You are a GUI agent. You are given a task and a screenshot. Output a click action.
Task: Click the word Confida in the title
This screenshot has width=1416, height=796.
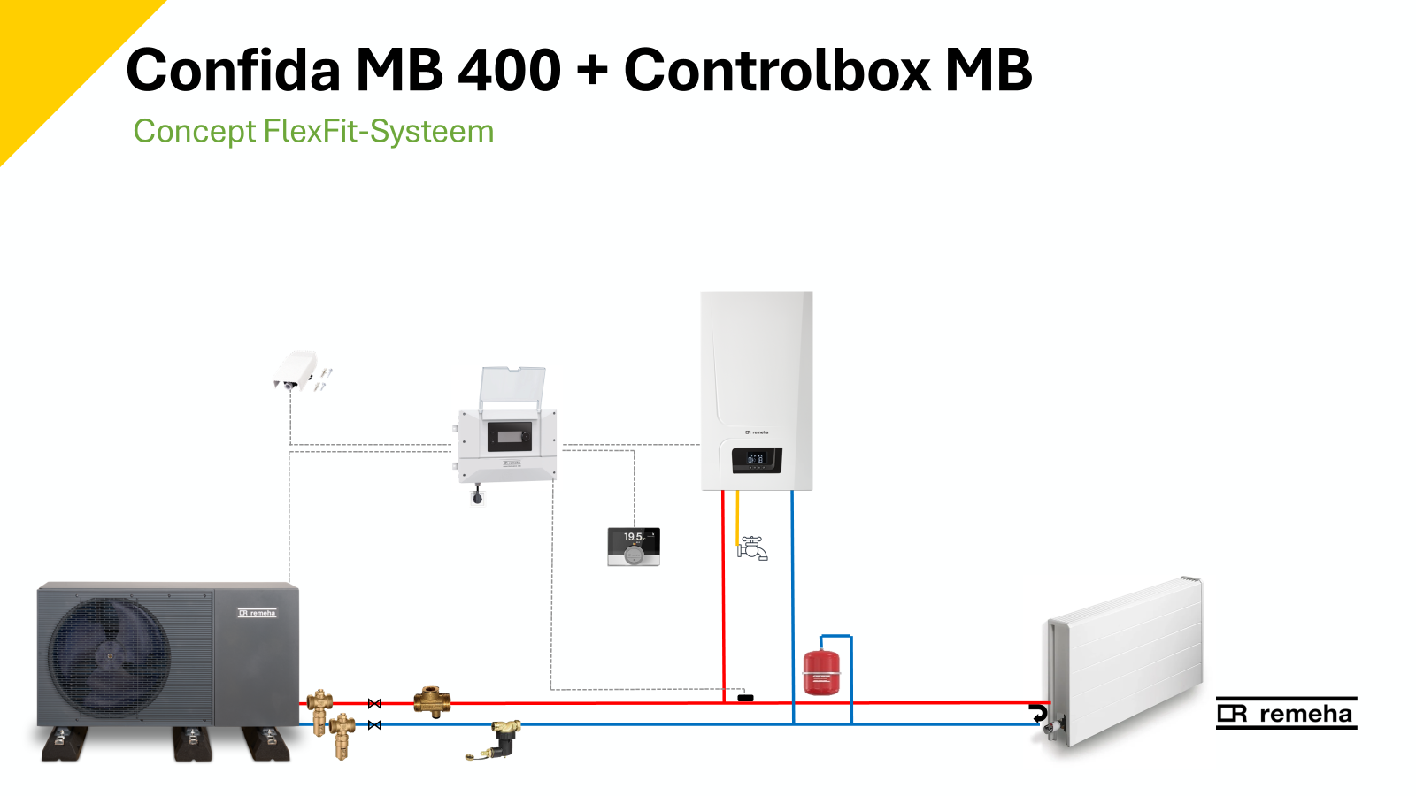pyautogui.click(x=233, y=70)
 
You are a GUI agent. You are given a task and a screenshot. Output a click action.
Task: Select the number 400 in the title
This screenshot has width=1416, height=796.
pyautogui.click(x=509, y=70)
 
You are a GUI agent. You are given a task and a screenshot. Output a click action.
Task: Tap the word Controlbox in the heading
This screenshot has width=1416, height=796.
pyautogui.click(x=775, y=70)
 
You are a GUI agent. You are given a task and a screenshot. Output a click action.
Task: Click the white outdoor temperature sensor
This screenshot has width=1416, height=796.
pyautogui.click(x=296, y=370)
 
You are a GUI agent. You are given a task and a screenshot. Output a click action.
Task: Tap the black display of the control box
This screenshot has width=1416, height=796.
pyautogui.click(x=510, y=435)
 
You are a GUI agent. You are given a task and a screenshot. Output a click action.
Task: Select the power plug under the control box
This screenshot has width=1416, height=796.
pyautogui.click(x=478, y=497)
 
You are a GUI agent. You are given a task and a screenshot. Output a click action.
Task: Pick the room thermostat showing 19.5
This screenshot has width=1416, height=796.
pyautogui.click(x=634, y=547)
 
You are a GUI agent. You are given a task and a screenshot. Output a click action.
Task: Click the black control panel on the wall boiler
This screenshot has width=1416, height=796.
pyautogui.click(x=756, y=460)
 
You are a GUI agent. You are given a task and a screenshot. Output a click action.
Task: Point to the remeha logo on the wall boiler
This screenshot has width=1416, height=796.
pyautogui.click(x=757, y=432)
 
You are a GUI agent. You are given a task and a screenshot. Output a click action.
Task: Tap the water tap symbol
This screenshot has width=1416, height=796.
pyautogui.click(x=752, y=548)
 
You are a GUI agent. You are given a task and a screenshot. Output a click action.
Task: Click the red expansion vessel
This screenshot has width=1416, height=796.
pyautogui.click(x=820, y=672)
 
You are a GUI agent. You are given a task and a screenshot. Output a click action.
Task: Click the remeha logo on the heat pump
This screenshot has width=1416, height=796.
pyautogui.click(x=258, y=613)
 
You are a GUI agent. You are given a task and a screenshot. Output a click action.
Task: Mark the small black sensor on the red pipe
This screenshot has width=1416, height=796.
pyautogui.click(x=745, y=698)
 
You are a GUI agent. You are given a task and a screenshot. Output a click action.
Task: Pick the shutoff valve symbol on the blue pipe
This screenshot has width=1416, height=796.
pyautogui.click(x=374, y=725)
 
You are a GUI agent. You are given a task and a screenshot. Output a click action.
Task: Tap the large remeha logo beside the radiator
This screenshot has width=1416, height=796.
pyautogui.click(x=1286, y=714)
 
